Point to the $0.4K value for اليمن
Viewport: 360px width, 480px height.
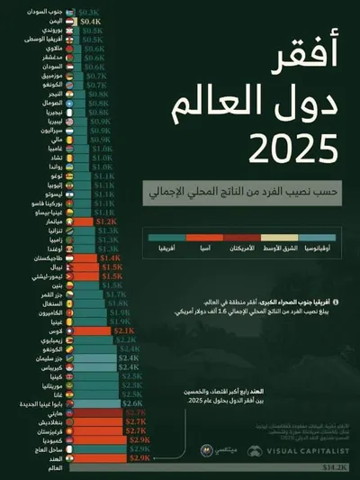click(91, 21)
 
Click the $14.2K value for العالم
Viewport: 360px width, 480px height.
click(337, 467)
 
